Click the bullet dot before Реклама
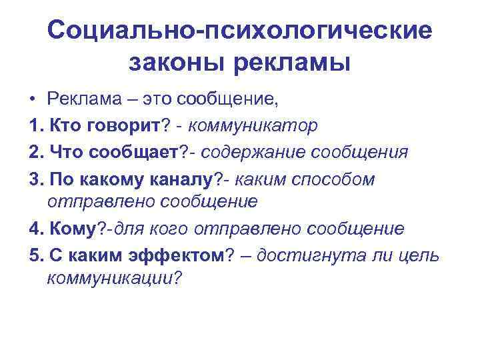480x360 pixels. tap(32, 101)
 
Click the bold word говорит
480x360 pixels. tap(122, 125)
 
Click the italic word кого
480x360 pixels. tap(171, 229)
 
